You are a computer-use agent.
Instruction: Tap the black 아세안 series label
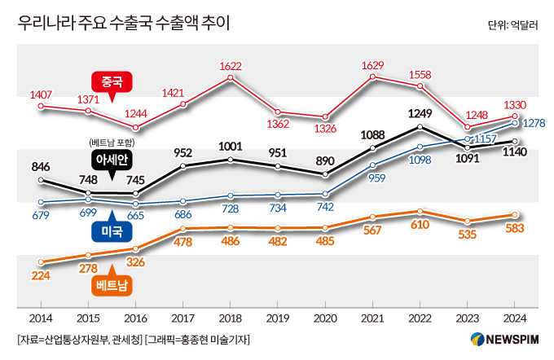point(112,158)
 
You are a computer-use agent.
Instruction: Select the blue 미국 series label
point(112,231)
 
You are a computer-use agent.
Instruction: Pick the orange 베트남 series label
point(112,285)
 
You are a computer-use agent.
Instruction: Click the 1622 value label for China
point(231,67)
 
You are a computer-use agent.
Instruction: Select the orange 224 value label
point(42,276)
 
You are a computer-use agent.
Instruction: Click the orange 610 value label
point(420,224)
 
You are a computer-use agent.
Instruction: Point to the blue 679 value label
point(42,216)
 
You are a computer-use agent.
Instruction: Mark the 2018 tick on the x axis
point(231,318)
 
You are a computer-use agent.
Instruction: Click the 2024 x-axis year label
point(514,318)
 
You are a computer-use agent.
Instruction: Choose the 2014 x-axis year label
point(42,318)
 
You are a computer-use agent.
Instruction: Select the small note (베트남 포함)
point(112,143)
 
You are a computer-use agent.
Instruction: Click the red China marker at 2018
point(231,78)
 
